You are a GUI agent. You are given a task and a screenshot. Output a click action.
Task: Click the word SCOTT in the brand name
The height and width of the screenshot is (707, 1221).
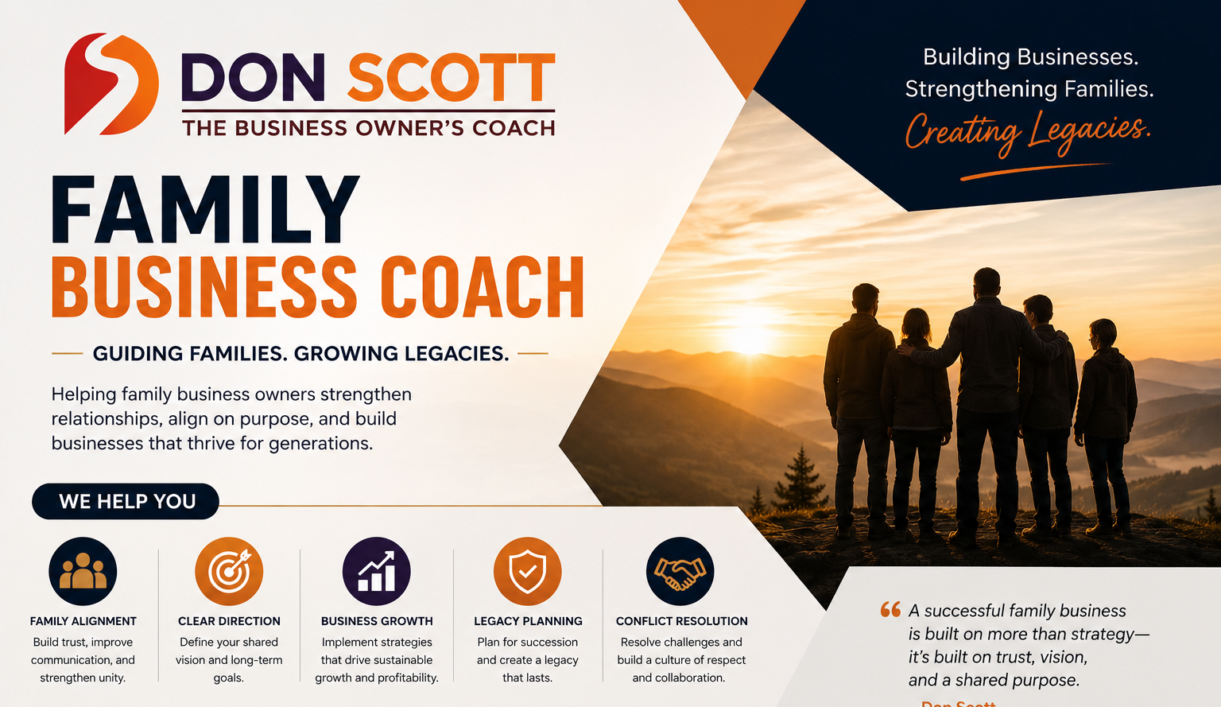click(x=452, y=77)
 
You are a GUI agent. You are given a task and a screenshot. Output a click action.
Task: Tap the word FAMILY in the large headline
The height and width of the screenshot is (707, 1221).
click(x=205, y=209)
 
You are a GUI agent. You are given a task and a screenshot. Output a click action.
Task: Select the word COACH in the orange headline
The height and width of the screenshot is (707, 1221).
click(x=482, y=287)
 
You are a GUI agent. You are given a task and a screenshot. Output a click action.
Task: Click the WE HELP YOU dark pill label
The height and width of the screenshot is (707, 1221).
click(x=126, y=501)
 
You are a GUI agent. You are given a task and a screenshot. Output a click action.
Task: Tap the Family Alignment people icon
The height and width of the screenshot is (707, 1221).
click(x=83, y=571)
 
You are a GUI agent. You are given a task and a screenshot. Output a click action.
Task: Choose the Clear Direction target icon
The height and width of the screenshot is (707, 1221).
click(x=229, y=571)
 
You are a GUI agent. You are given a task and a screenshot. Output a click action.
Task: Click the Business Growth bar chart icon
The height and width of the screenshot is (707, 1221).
click(x=376, y=571)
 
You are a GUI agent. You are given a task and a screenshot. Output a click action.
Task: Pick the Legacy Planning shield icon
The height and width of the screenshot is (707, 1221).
click(x=528, y=571)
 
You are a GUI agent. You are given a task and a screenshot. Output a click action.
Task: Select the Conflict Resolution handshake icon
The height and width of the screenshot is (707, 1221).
click(x=680, y=571)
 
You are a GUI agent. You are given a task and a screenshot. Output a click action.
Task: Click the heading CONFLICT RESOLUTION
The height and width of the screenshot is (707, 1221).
click(x=681, y=621)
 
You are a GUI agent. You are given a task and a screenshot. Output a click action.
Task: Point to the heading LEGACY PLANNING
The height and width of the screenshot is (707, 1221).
click(x=528, y=621)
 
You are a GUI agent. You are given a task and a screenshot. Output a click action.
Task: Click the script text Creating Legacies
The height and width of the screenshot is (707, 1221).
click(x=1028, y=133)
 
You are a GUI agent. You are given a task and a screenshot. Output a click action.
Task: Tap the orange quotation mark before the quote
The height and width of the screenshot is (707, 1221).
click(x=890, y=609)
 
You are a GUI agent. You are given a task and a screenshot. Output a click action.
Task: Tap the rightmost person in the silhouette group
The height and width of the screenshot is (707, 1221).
click(x=1104, y=426)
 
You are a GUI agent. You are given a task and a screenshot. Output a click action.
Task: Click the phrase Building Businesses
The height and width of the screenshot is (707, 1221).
click(x=1031, y=56)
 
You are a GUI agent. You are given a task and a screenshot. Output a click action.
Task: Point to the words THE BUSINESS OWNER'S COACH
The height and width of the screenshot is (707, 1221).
click(x=369, y=128)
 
